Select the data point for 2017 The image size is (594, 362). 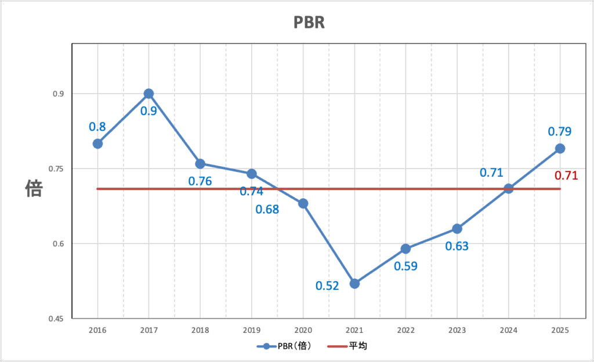(148, 94)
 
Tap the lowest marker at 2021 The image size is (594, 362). (354, 284)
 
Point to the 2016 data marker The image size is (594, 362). (97, 144)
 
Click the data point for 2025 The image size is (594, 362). (560, 148)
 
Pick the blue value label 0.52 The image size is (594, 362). (327, 285)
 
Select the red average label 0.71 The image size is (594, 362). (566, 175)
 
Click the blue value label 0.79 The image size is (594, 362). (560, 131)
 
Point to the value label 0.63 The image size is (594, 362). (457, 246)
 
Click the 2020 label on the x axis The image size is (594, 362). (303, 330)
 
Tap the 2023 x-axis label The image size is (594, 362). (457, 330)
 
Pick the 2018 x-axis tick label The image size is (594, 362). (200, 330)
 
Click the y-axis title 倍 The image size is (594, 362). (34, 188)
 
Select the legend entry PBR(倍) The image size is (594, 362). (285, 346)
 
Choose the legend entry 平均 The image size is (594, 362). (347, 346)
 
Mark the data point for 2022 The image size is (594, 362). (405, 249)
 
